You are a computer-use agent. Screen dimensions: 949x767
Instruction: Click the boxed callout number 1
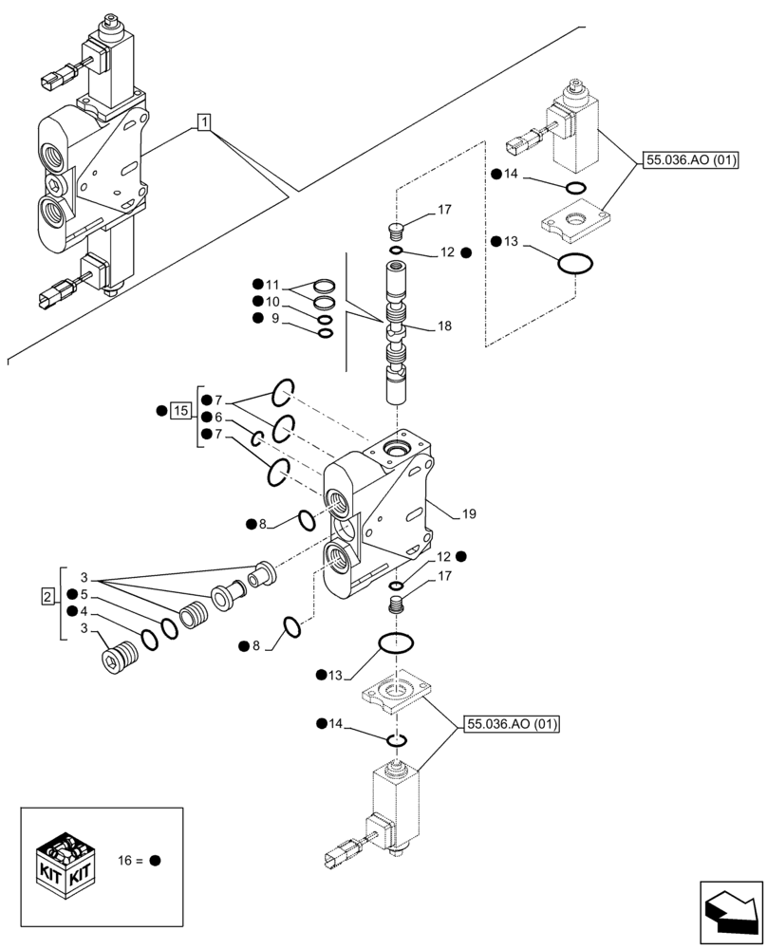[x=204, y=121]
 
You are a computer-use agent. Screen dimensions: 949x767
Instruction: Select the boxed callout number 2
[x=47, y=596]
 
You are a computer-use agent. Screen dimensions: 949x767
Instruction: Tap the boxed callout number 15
[x=180, y=411]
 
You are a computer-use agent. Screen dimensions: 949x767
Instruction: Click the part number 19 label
[x=469, y=514]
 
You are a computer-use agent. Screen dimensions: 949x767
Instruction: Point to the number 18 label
[x=444, y=326]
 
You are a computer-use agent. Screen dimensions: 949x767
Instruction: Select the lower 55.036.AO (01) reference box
[x=512, y=726]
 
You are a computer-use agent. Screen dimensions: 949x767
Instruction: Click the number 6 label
[x=218, y=418]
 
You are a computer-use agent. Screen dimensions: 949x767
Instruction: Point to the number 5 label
[x=84, y=594]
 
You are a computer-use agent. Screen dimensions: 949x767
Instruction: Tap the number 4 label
[x=84, y=611]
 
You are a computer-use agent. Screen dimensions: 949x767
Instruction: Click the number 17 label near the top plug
[x=443, y=210]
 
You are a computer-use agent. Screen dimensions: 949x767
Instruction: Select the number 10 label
[x=272, y=301]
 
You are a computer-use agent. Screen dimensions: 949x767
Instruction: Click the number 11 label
[x=272, y=284]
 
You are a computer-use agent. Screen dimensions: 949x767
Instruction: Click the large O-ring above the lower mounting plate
[x=395, y=643]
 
